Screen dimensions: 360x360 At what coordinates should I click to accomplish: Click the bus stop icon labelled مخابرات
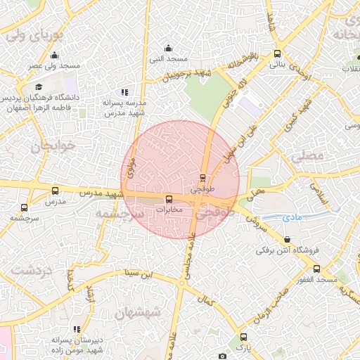(x=168, y=199)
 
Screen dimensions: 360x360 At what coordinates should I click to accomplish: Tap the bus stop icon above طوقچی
(x=202, y=177)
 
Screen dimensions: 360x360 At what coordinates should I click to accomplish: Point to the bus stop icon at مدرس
(x=56, y=191)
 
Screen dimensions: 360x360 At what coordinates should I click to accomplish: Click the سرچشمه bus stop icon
(x=25, y=207)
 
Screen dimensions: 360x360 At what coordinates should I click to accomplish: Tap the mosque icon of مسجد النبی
(x=168, y=49)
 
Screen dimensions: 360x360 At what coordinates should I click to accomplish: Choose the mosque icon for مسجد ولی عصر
(x=55, y=56)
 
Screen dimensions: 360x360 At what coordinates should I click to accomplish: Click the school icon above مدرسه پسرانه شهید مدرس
(x=124, y=92)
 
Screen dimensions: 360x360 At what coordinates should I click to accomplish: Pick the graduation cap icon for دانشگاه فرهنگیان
(x=38, y=86)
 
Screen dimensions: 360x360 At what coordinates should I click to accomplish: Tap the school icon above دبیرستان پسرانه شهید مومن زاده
(x=77, y=329)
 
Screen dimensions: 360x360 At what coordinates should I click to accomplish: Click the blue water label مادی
(x=292, y=219)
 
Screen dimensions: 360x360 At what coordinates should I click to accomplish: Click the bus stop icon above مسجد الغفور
(x=316, y=269)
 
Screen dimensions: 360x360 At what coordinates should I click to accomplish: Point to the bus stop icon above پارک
(x=243, y=337)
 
